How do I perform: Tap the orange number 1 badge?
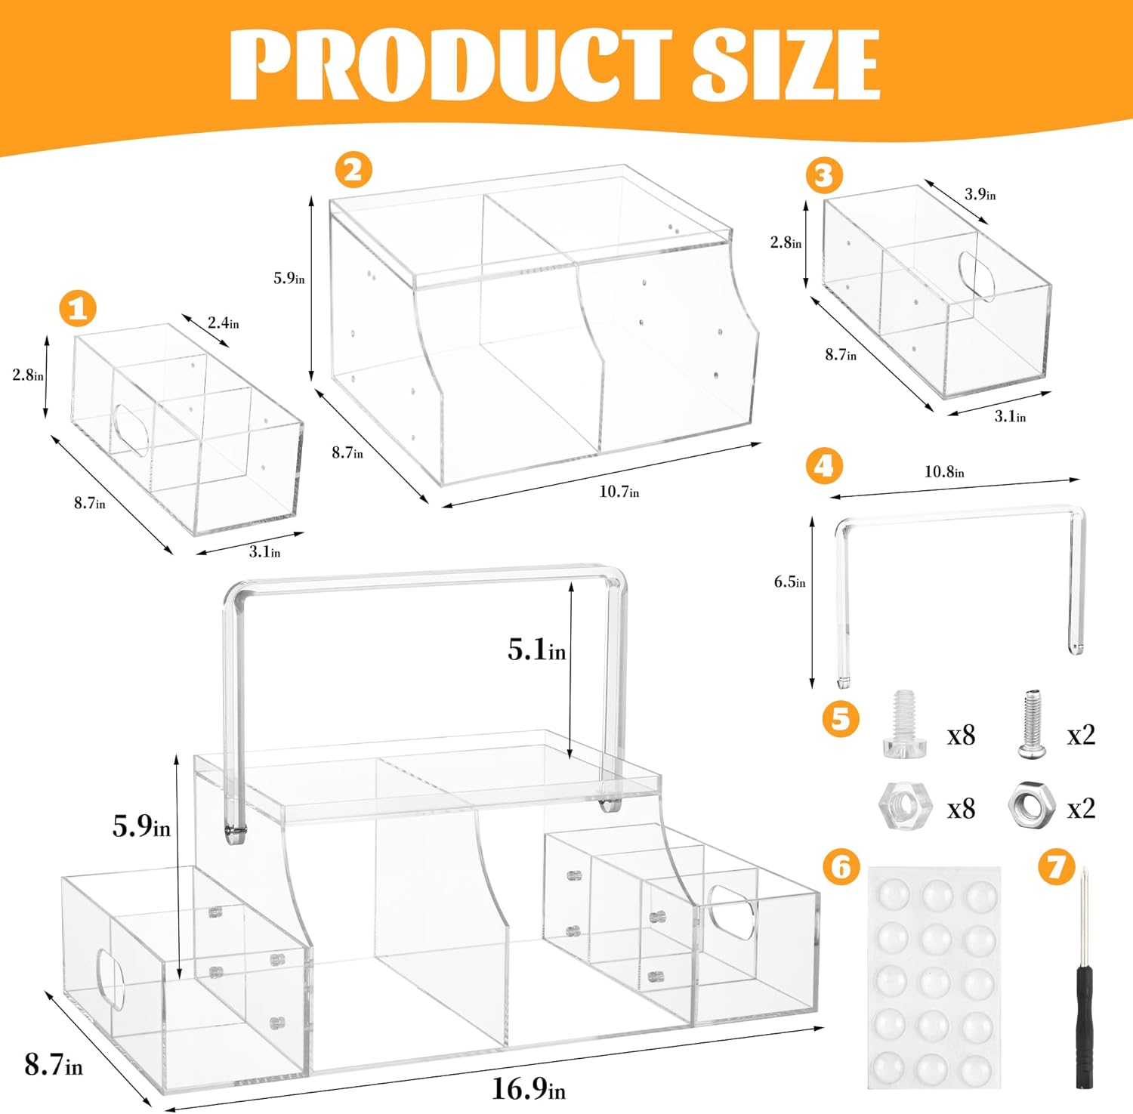click(x=78, y=308)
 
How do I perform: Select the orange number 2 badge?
click(x=353, y=170)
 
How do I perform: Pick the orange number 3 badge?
click(x=824, y=176)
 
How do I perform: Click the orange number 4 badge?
click(x=824, y=466)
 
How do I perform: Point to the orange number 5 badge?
click(x=841, y=718)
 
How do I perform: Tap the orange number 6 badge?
click(x=841, y=867)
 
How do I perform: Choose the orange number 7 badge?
click(x=1056, y=867)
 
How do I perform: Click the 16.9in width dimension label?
click(x=528, y=1088)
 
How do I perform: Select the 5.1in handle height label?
click(x=536, y=650)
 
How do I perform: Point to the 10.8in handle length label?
click(x=944, y=472)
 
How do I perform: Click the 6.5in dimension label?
click(x=789, y=582)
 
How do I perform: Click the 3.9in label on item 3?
click(x=980, y=194)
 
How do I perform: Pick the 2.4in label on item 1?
click(x=223, y=322)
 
